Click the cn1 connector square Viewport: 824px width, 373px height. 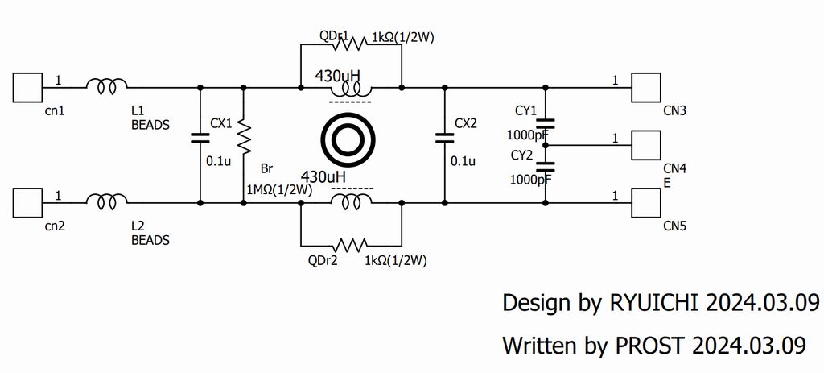pyautogui.click(x=28, y=86)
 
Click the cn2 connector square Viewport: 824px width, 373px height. pyautogui.click(x=28, y=201)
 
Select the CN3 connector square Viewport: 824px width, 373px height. pyautogui.click(x=645, y=86)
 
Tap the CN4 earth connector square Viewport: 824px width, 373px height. pyautogui.click(x=645, y=145)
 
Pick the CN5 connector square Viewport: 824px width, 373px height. pyautogui.click(x=645, y=201)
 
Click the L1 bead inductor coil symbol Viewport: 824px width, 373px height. pyautogui.click(x=106, y=85)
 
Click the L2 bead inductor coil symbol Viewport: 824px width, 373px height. pyautogui.click(x=106, y=201)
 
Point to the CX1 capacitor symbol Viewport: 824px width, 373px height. pyautogui.click(x=200, y=137)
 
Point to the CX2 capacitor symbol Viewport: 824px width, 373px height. pyautogui.click(x=444, y=137)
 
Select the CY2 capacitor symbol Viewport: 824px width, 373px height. pyautogui.click(x=546, y=167)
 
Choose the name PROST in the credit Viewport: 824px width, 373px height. pyautogui.click(x=650, y=346)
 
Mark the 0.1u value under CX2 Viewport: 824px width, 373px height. pyautogui.click(x=463, y=160)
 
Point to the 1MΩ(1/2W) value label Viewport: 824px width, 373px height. pyautogui.click(x=278, y=189)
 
